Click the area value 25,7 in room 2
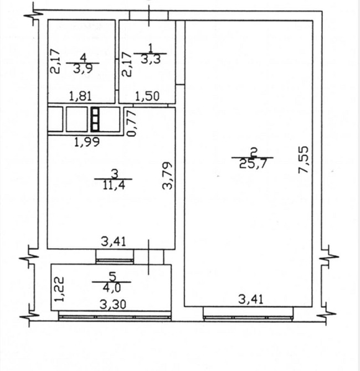tap(253, 163)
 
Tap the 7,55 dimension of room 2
tap(304, 159)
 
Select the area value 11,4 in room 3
tap(114, 185)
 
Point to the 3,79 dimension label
tap(167, 176)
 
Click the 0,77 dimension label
tap(132, 123)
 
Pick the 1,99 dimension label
tap(87, 142)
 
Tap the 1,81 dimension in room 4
tap(80, 96)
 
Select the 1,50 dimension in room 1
tap(147, 96)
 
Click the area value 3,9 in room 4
tap(83, 69)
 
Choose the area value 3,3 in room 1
tap(151, 59)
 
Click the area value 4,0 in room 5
tap(112, 288)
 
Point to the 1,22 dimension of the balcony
tap(59, 289)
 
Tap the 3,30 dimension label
tap(112, 305)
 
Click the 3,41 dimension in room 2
tap(251, 300)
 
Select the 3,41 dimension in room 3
tap(114, 242)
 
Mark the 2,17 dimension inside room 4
tap(55, 61)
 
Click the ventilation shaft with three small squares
tap(95, 119)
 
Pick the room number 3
tap(114, 174)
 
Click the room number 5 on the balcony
tap(112, 277)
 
